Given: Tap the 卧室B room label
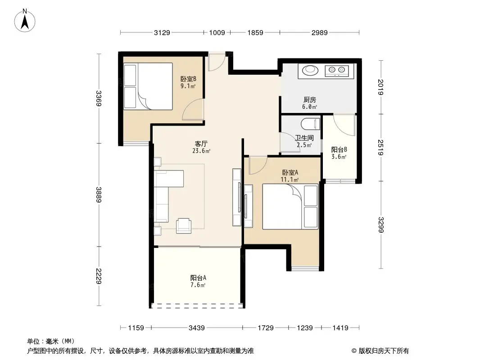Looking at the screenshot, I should coord(188,81).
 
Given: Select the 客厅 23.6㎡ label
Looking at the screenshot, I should coord(201,147).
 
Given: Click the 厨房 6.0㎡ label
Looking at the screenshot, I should coord(309,103).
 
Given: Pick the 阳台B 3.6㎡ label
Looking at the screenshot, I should coord(339,153).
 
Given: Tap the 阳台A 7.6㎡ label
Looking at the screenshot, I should coord(198,281).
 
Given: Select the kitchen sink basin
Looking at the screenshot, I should coord(309,70).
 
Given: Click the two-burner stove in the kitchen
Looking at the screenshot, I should coord(337,70).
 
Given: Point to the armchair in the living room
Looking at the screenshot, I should coord(183,225).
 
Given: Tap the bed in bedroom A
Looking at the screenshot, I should coord(290,207).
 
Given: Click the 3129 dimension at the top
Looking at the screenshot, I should coord(162,32).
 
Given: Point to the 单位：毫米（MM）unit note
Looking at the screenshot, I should coord(50,341).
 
